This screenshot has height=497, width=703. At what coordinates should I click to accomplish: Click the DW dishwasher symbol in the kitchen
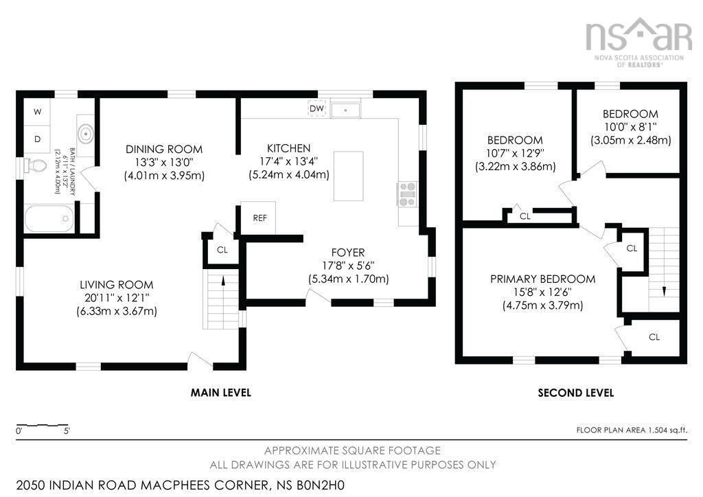316,108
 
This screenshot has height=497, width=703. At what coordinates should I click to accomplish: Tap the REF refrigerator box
259,218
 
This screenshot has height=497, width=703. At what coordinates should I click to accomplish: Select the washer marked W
38,111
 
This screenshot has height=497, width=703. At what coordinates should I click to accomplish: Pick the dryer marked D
38,139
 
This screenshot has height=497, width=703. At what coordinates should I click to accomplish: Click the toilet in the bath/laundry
34,165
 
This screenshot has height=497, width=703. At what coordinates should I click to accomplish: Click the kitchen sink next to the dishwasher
347,108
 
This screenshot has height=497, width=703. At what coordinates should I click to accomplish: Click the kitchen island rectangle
348,176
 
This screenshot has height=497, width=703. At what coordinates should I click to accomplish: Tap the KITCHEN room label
288,148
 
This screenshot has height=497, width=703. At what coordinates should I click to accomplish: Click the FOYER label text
348,253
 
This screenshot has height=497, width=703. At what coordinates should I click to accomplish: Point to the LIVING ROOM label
116,285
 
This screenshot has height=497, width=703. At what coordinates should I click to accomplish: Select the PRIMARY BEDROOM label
542,279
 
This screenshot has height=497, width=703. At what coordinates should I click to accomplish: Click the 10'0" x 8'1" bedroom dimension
630,127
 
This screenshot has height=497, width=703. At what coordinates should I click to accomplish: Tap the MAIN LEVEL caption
220,393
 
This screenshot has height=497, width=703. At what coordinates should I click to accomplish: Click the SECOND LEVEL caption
575,393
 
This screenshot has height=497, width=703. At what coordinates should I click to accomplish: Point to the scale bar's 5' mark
67,432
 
